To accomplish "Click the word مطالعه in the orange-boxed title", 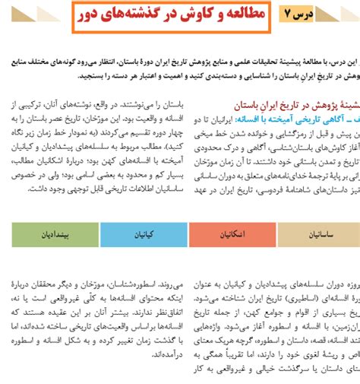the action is point(238,15).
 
